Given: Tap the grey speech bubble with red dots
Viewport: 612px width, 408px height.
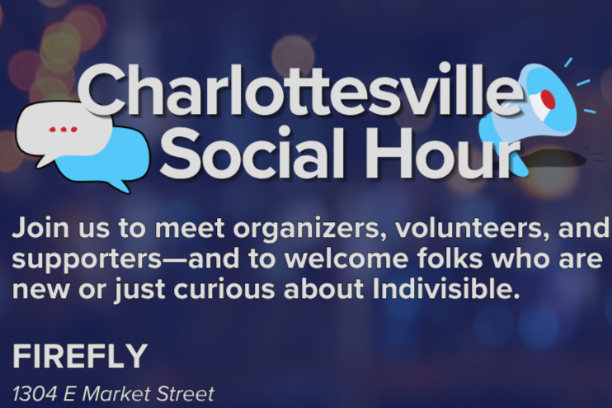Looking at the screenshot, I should tap(62, 132).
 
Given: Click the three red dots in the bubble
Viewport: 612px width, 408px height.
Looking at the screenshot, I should tap(63, 130).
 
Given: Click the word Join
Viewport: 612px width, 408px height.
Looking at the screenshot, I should tap(40, 227).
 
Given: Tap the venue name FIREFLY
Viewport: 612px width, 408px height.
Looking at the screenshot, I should tap(80, 356).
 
